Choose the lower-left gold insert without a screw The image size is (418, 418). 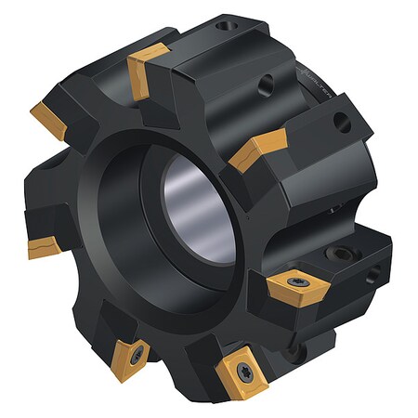coord(46,247)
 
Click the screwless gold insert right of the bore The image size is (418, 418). coord(255,148)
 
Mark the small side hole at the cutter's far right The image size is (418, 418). coord(372,274)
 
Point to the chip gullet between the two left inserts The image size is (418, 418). coord(37,181)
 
